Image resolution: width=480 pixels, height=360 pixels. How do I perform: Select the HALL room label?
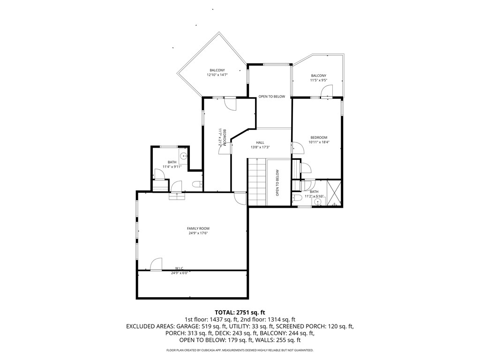click(260, 142)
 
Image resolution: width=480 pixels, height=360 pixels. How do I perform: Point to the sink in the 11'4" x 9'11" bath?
click(183, 156)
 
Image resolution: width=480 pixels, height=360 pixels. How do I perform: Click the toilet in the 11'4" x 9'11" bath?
click(197, 185)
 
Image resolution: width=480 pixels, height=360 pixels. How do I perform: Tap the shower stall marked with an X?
click(334, 193)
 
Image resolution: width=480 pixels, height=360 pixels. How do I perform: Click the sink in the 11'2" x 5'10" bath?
click(318, 202)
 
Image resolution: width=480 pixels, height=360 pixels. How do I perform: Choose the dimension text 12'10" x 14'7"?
click(217, 75)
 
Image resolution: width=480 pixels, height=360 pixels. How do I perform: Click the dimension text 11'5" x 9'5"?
click(318, 80)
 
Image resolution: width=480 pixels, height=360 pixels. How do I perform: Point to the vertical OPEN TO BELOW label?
click(277, 182)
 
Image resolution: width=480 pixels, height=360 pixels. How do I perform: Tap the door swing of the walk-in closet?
click(156, 264)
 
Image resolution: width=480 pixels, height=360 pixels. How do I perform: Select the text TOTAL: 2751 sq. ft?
click(240, 312)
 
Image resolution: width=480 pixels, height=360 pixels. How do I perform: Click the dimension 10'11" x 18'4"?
click(318, 142)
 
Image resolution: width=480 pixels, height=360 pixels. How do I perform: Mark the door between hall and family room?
click(240, 198)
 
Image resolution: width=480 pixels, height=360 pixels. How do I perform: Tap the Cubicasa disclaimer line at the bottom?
click(240, 350)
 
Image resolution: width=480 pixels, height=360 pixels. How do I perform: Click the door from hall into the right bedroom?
click(297, 149)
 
